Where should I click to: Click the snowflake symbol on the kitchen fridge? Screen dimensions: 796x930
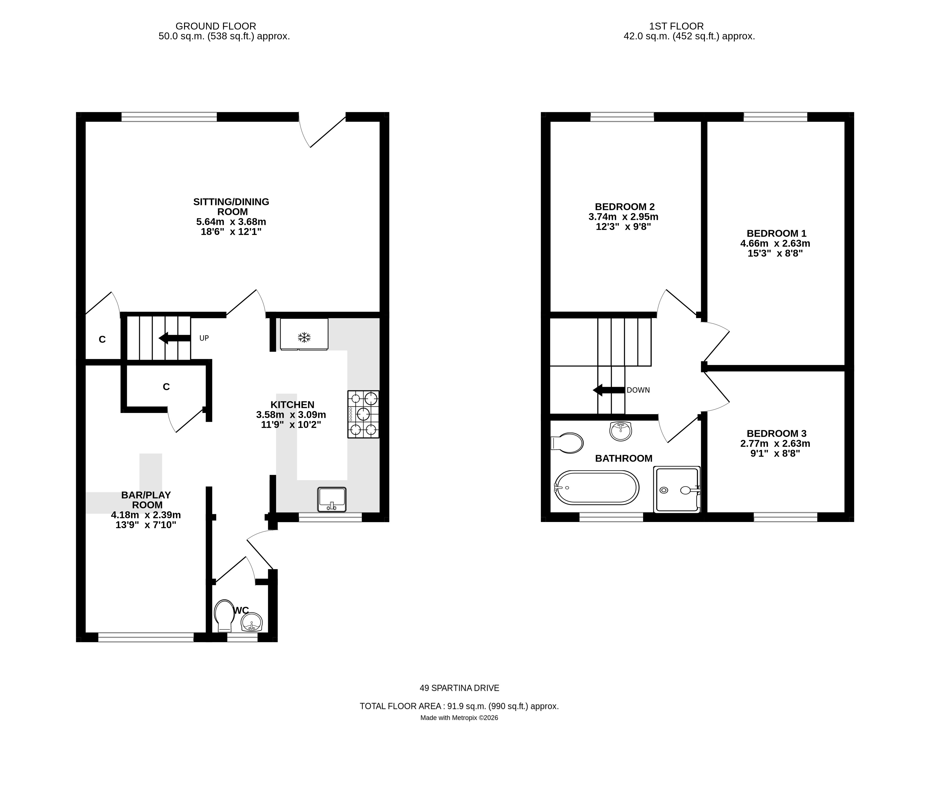tap(304, 338)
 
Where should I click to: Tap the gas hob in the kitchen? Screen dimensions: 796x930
tap(363, 414)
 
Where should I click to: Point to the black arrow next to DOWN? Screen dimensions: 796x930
tap(609, 390)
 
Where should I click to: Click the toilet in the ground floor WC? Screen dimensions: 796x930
tap(224, 616)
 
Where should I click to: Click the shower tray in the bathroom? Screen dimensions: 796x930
tap(677, 489)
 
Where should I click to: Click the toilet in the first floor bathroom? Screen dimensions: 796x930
tap(567, 443)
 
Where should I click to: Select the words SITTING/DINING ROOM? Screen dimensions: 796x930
tap(231, 207)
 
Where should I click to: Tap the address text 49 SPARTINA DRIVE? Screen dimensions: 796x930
tap(459, 688)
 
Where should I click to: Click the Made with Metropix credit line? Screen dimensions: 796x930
tap(459, 718)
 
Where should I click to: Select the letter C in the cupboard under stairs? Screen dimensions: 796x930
tap(166, 386)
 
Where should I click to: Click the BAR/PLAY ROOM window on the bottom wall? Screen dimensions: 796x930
tap(146, 637)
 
